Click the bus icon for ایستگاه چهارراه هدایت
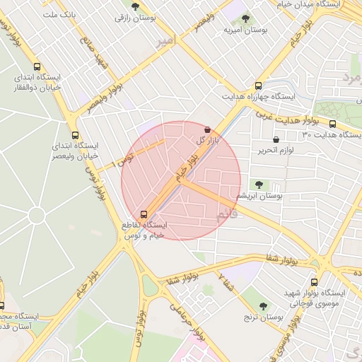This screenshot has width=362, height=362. (259, 85)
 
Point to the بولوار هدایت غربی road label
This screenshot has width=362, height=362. (278, 116)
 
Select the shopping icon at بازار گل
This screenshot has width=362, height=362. (206, 130)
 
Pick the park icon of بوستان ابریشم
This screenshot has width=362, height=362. (259, 184)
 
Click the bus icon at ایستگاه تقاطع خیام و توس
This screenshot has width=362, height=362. (144, 214)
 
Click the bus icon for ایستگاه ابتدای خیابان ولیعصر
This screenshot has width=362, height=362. (75, 135)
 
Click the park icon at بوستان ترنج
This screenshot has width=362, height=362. (263, 306)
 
